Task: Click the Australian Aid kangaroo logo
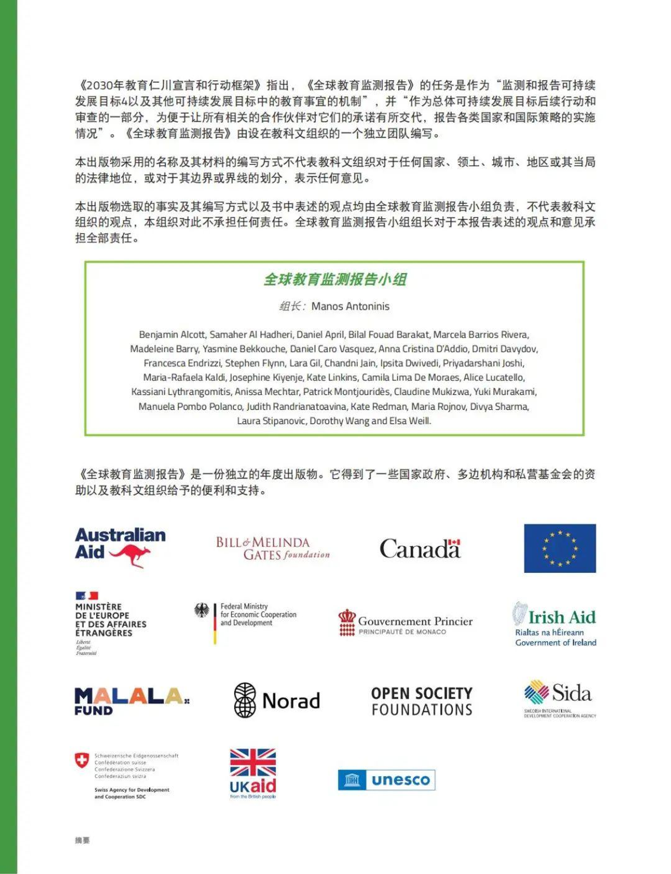pos(120,547)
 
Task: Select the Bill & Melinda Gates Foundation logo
pos(273,548)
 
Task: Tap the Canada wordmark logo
pos(420,548)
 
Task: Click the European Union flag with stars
pos(559,548)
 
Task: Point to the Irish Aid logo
pos(555,624)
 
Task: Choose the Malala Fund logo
pos(131,702)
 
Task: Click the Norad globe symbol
pos(245,700)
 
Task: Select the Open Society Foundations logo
pos(422,701)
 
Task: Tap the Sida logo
pos(559,698)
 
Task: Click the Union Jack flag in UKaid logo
pos(253,763)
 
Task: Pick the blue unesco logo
pos(386,780)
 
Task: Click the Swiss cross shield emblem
pos(82,761)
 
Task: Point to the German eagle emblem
pos(202,610)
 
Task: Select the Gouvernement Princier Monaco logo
pos(405,623)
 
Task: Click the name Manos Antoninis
pos(350,306)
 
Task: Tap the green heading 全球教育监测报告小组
pos(335,279)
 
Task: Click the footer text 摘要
pos(82,840)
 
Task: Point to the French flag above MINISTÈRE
pos(87,595)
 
